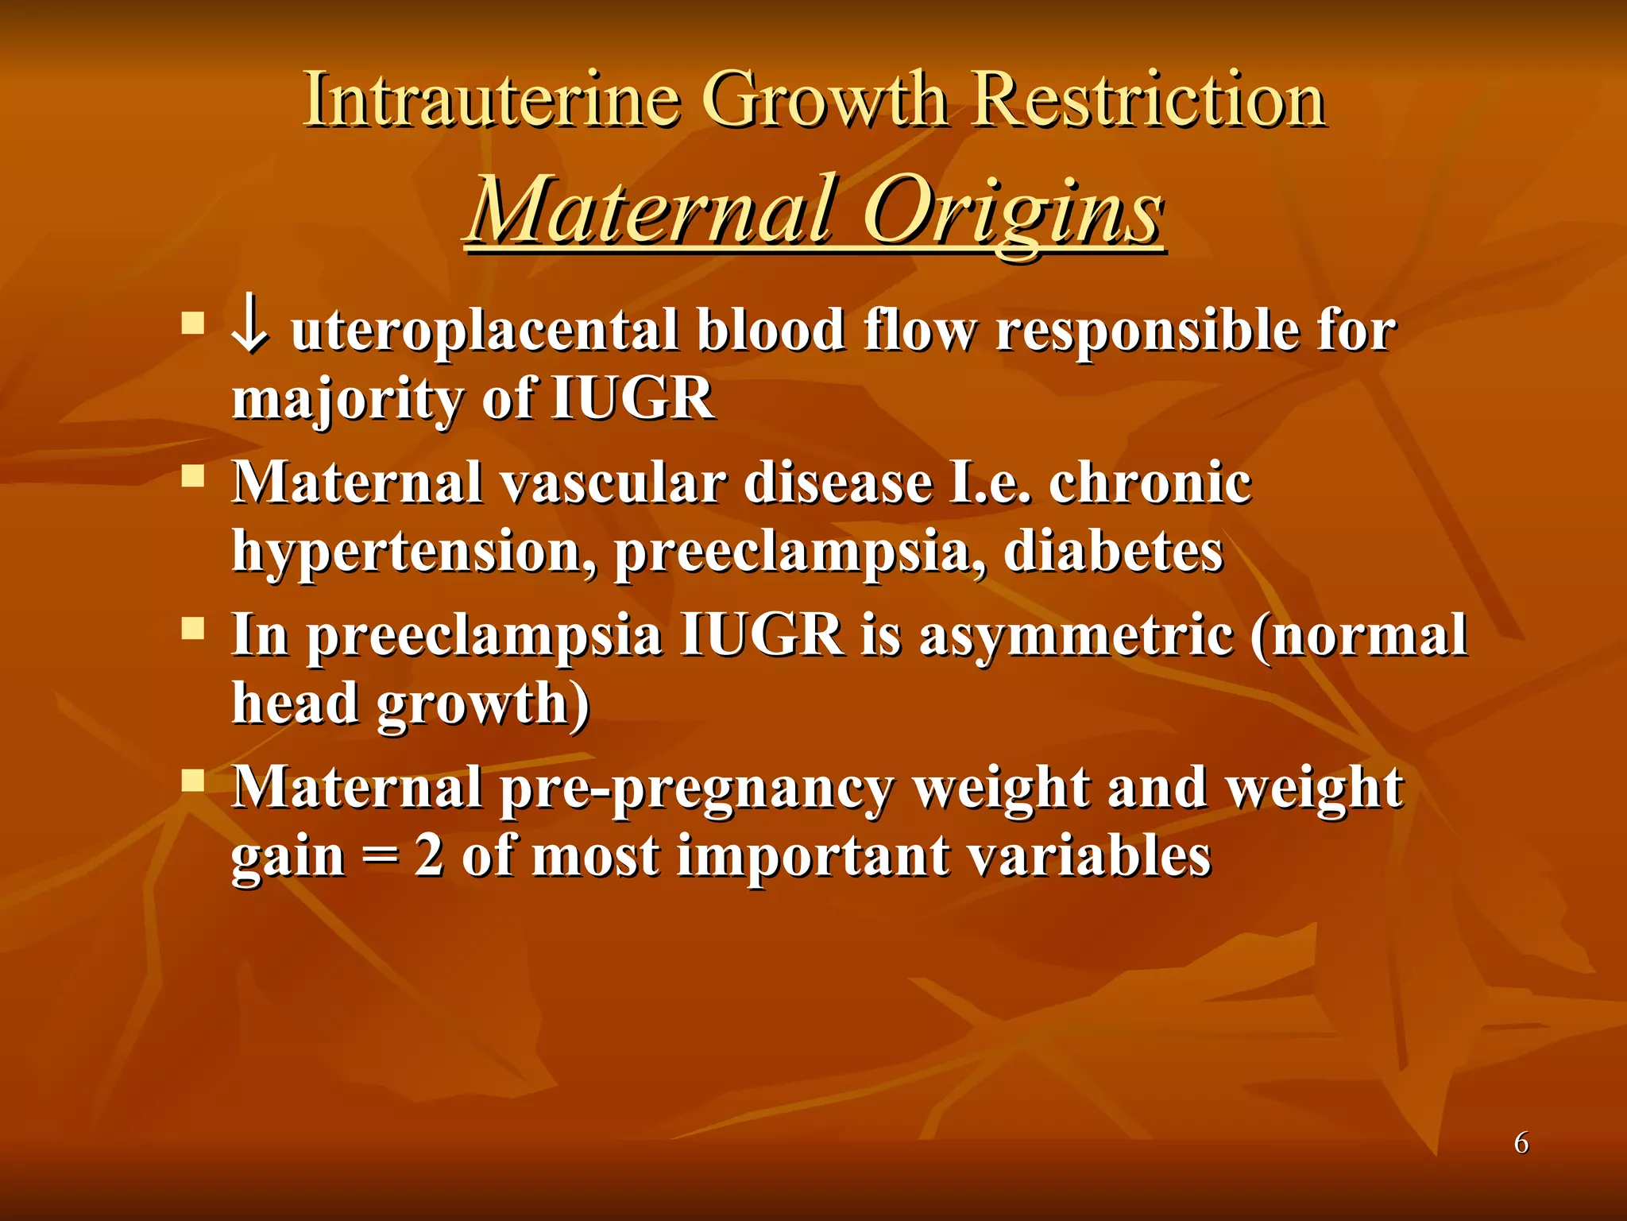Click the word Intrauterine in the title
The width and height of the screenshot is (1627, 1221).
(x=492, y=100)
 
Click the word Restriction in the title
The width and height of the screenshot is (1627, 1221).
(x=1149, y=100)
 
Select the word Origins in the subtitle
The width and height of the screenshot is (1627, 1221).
(x=1013, y=211)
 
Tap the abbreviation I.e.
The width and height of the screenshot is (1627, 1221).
(x=990, y=483)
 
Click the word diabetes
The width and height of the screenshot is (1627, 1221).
(x=1112, y=551)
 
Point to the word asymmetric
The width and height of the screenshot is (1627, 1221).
(x=1076, y=635)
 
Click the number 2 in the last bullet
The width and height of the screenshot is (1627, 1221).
(x=429, y=856)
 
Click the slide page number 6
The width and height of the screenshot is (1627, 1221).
(x=1521, y=1143)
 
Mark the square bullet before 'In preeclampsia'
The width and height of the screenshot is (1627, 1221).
(x=193, y=630)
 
